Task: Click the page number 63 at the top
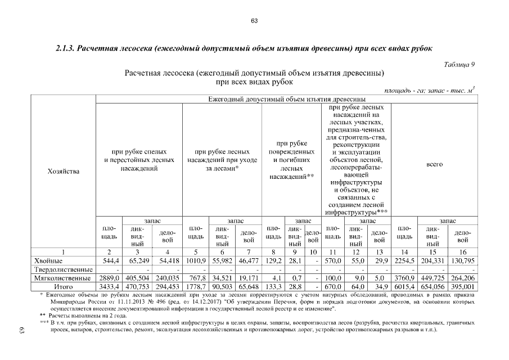coord(254,21)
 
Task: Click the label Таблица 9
coord(460,64)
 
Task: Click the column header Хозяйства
coord(62,170)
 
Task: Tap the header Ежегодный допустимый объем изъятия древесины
coord(286,100)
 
